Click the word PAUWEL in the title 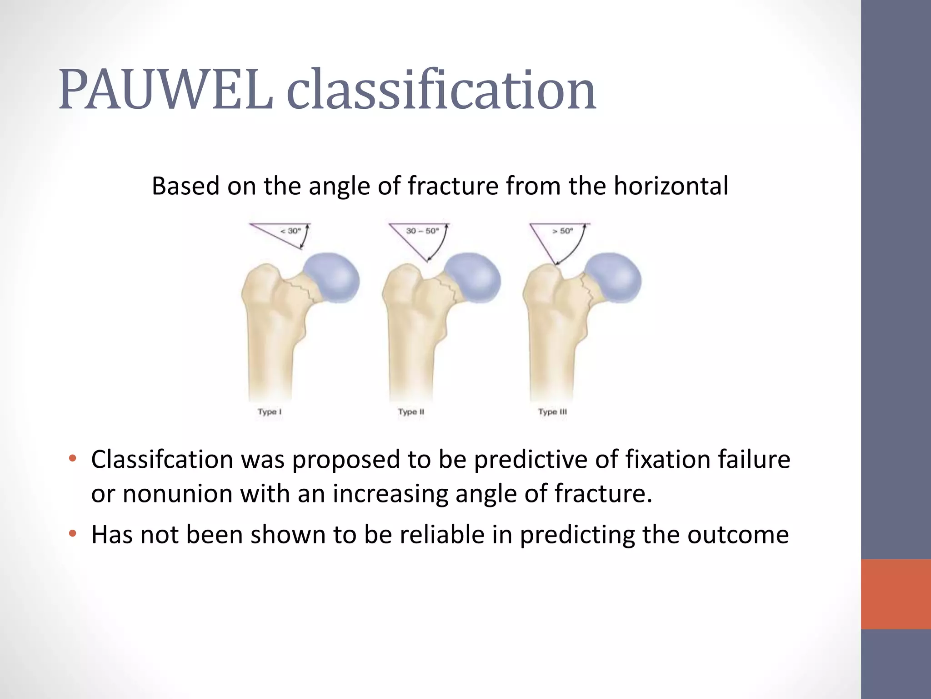point(166,89)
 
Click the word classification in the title point(441,89)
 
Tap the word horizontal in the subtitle point(671,186)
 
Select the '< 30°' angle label point(290,231)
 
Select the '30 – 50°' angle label point(422,231)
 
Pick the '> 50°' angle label point(562,231)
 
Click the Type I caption point(270,412)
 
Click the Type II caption point(411,412)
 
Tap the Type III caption point(552,412)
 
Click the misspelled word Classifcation point(162,459)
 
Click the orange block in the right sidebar point(896,594)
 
